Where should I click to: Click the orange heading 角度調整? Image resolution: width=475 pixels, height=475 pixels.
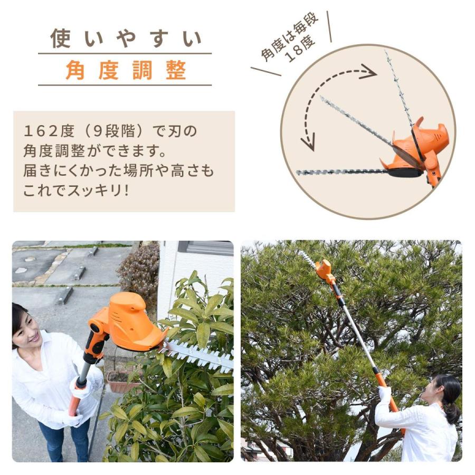click(x=125, y=70)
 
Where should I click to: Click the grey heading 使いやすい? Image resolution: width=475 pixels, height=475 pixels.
click(x=125, y=39)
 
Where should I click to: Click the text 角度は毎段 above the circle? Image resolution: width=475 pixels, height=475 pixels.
click(x=290, y=36)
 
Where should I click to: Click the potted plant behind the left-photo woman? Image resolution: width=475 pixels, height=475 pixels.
click(x=119, y=379)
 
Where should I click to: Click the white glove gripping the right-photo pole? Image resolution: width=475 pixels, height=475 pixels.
click(x=385, y=394)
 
